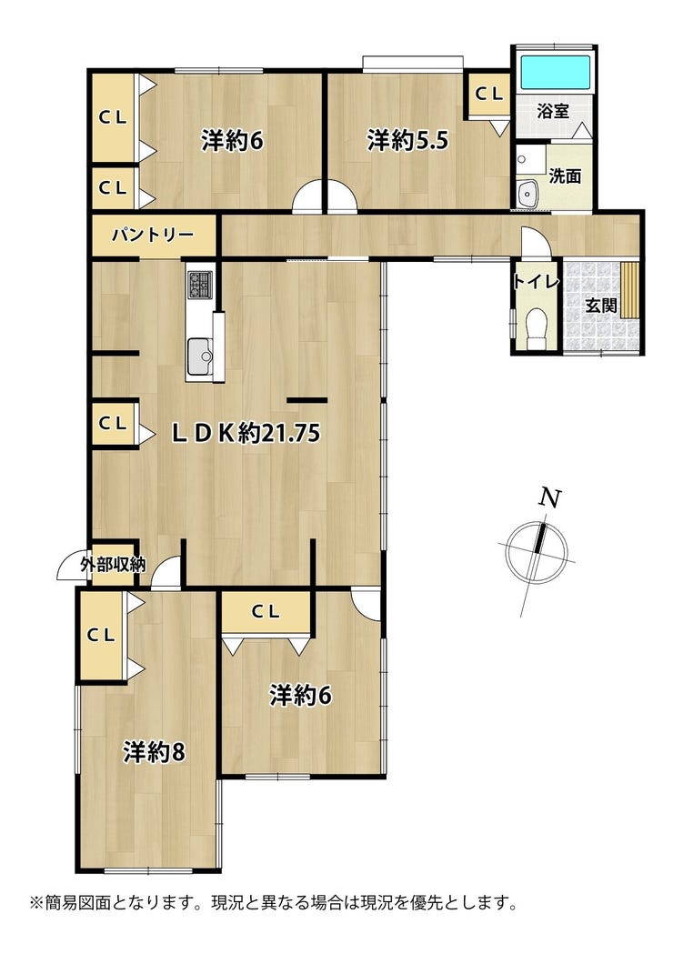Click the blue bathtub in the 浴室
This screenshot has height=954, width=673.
coord(555,73)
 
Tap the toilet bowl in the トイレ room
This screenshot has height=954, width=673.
coord(536,326)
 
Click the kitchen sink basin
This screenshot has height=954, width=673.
coord(199,356)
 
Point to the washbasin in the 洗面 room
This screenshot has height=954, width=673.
coord(527,195)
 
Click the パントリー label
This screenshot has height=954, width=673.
coord(153,235)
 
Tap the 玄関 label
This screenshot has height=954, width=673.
coord(601,306)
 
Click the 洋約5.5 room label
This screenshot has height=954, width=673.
coord(407,141)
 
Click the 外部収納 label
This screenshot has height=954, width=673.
coord(113,565)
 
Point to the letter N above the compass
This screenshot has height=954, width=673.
coord(550,498)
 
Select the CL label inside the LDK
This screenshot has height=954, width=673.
coord(113,424)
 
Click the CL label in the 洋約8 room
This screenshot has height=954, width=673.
coord(101,635)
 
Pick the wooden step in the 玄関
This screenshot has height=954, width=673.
coord(629,289)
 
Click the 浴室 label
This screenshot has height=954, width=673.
coord(553,111)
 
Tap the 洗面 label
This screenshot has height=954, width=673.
coord(565,176)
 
